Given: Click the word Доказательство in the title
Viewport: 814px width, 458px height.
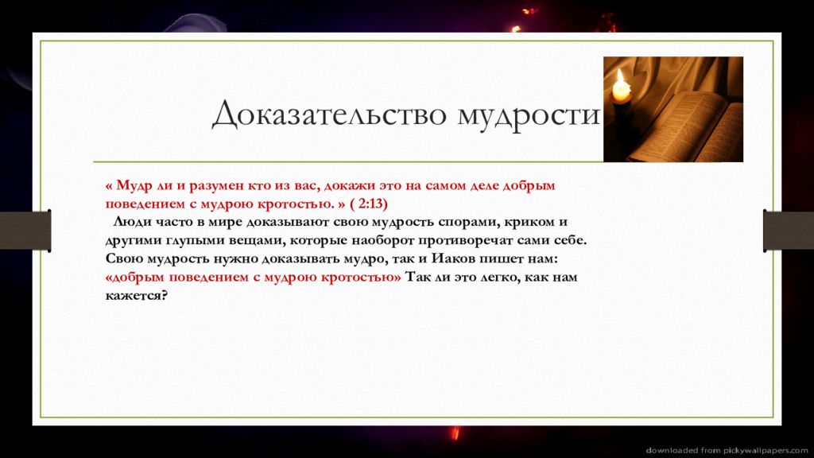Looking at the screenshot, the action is pos(329,113).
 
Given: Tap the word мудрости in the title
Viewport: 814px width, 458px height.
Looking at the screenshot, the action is pos(529,116).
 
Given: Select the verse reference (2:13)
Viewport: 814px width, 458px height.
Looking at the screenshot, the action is pos(369,203).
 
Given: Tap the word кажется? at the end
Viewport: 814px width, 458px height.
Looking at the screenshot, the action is pos(137,296).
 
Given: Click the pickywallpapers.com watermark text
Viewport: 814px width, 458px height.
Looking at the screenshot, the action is pos(727,450).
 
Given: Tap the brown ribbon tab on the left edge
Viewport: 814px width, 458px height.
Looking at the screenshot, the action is pos(25,230).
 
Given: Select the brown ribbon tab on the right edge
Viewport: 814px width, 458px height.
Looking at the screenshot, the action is pos(789,230).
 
